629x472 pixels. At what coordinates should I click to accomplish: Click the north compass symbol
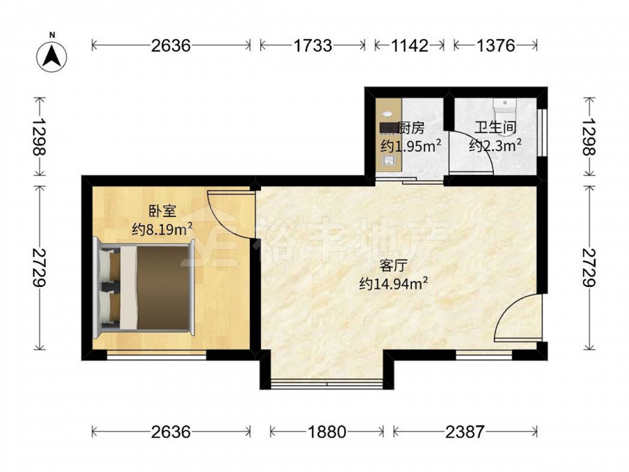pos(52,55)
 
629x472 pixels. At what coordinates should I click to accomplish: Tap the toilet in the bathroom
pos(503,108)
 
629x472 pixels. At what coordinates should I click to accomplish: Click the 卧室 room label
pos(162,210)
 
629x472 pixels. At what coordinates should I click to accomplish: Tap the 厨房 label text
pos(411,128)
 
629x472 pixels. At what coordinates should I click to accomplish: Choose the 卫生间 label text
pos(495,128)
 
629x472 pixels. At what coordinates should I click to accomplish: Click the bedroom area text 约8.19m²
pos(162,229)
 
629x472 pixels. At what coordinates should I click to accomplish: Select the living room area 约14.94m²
pos(393,284)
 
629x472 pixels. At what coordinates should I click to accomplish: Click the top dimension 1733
pos(313,45)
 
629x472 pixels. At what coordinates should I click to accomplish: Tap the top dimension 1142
pos(409,45)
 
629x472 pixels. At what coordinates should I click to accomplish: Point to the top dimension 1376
pos(496,45)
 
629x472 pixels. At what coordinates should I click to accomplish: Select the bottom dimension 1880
pos(326,432)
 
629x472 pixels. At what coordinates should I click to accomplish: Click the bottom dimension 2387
pos(465,432)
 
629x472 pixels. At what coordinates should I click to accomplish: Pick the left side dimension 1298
pos(39,137)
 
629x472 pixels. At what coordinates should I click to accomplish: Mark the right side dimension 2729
pos(589,267)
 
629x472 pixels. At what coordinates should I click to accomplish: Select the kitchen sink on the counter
pos(387,161)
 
